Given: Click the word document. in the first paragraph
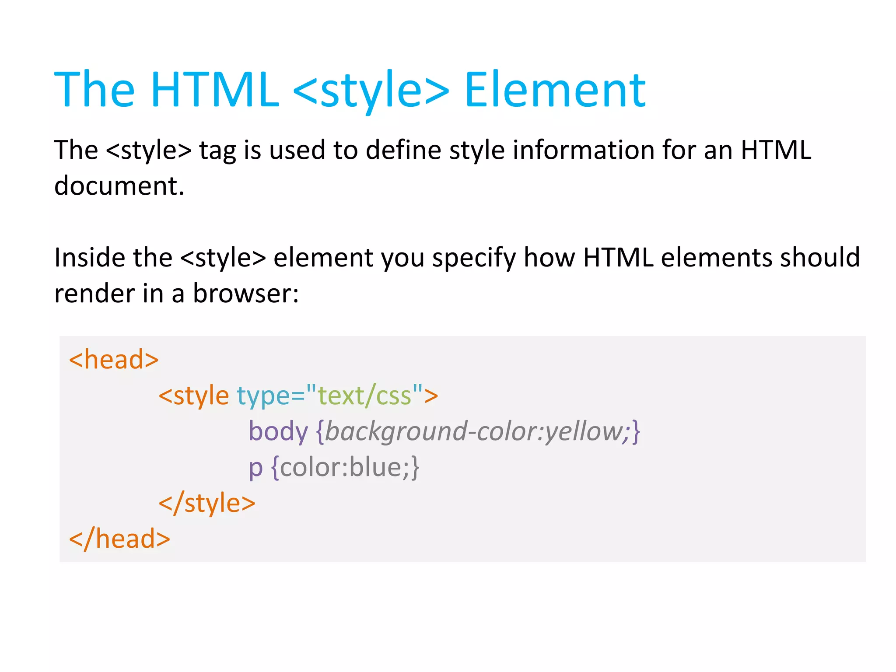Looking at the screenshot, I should coord(119,185).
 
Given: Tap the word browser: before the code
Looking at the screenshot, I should coord(246,293).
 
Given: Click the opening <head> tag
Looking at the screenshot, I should coord(114,360).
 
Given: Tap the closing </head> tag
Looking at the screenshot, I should coord(119,539).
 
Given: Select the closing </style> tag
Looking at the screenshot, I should coord(206,503).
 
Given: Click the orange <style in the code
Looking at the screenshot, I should coord(193,396).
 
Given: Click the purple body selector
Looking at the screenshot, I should coord(278,431).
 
